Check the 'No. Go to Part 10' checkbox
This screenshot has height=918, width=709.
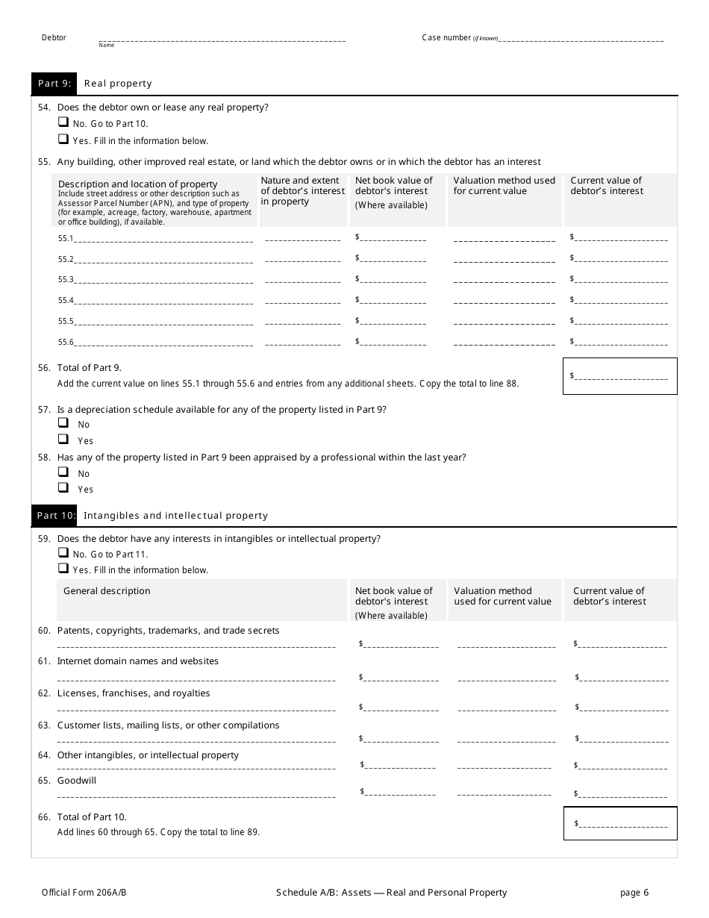(x=63, y=122)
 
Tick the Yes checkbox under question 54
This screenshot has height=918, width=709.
(x=63, y=139)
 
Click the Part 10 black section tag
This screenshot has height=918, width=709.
(x=56, y=515)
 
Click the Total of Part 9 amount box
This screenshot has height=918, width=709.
(x=620, y=376)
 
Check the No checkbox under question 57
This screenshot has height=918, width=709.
(x=63, y=423)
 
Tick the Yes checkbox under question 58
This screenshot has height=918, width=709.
(x=63, y=488)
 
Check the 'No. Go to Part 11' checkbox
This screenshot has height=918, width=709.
(x=63, y=553)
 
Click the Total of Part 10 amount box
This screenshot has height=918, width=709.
(x=620, y=823)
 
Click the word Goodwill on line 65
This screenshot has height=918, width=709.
(x=77, y=781)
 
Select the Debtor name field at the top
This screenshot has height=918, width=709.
(x=222, y=38)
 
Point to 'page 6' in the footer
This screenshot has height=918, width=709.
(x=634, y=892)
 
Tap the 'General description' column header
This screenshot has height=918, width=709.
(x=107, y=591)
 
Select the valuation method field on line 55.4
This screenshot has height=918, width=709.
(x=505, y=300)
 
